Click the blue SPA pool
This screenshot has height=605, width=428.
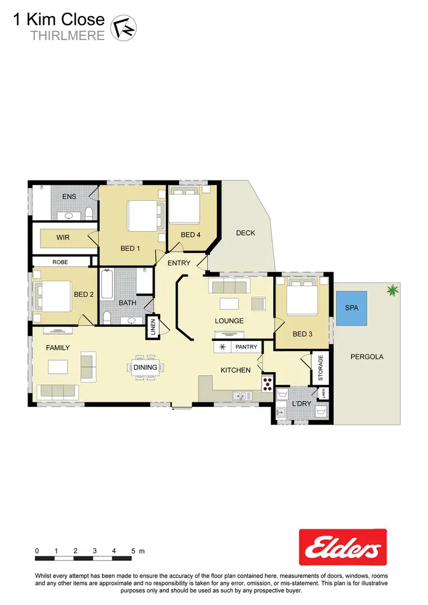(351, 308)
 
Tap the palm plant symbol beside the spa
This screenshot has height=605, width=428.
(392, 291)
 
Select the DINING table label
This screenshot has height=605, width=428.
(145, 367)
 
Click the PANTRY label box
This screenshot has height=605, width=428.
(246, 346)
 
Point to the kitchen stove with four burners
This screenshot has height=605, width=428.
(267, 384)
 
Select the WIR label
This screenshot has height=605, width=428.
(63, 237)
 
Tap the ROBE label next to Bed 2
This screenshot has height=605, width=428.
(60, 262)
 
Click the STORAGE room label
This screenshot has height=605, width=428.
(321, 368)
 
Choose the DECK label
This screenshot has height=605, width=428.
(245, 233)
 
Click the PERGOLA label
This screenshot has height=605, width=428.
(367, 357)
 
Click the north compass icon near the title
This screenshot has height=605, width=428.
(122, 27)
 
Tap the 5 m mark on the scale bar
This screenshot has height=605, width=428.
(134, 551)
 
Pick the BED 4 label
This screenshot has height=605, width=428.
(191, 235)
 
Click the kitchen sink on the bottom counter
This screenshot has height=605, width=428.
(240, 395)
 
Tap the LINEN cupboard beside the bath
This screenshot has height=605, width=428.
(152, 327)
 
